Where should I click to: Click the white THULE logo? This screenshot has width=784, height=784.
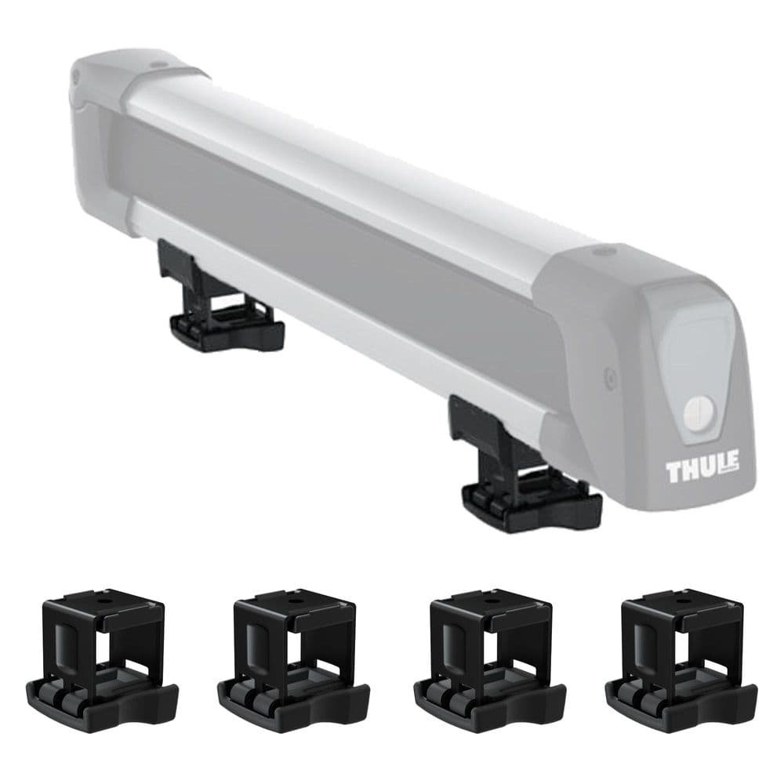point(702,471)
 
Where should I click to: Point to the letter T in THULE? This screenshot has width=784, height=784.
point(673,472)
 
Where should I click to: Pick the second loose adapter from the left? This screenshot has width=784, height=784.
point(292,662)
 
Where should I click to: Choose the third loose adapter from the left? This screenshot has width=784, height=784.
point(488,662)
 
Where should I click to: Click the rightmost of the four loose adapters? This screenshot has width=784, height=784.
point(681,662)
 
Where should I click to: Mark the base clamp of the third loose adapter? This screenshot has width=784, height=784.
point(489,698)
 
